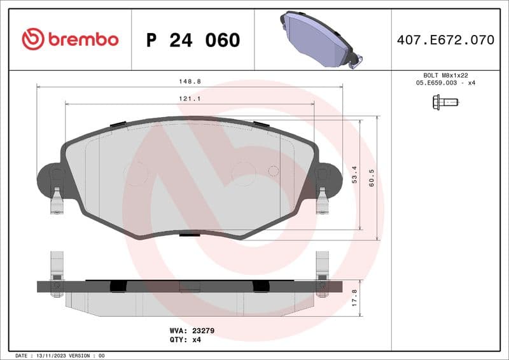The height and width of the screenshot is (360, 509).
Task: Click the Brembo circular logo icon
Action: [32, 39]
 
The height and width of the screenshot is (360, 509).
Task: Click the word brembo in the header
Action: [83, 39]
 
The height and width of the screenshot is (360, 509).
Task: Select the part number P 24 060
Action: [193, 40]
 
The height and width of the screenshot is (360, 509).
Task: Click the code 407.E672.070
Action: [445, 40]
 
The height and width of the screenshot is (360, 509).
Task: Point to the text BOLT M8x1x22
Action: [445, 75]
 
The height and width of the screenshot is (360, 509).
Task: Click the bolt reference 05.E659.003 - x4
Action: [445, 83]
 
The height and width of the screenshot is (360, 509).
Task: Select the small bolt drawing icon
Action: [445, 101]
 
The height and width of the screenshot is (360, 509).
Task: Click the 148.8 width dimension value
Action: [189, 82]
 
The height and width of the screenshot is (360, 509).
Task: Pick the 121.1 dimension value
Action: [189, 99]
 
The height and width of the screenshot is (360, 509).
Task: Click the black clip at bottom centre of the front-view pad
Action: [189, 235]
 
